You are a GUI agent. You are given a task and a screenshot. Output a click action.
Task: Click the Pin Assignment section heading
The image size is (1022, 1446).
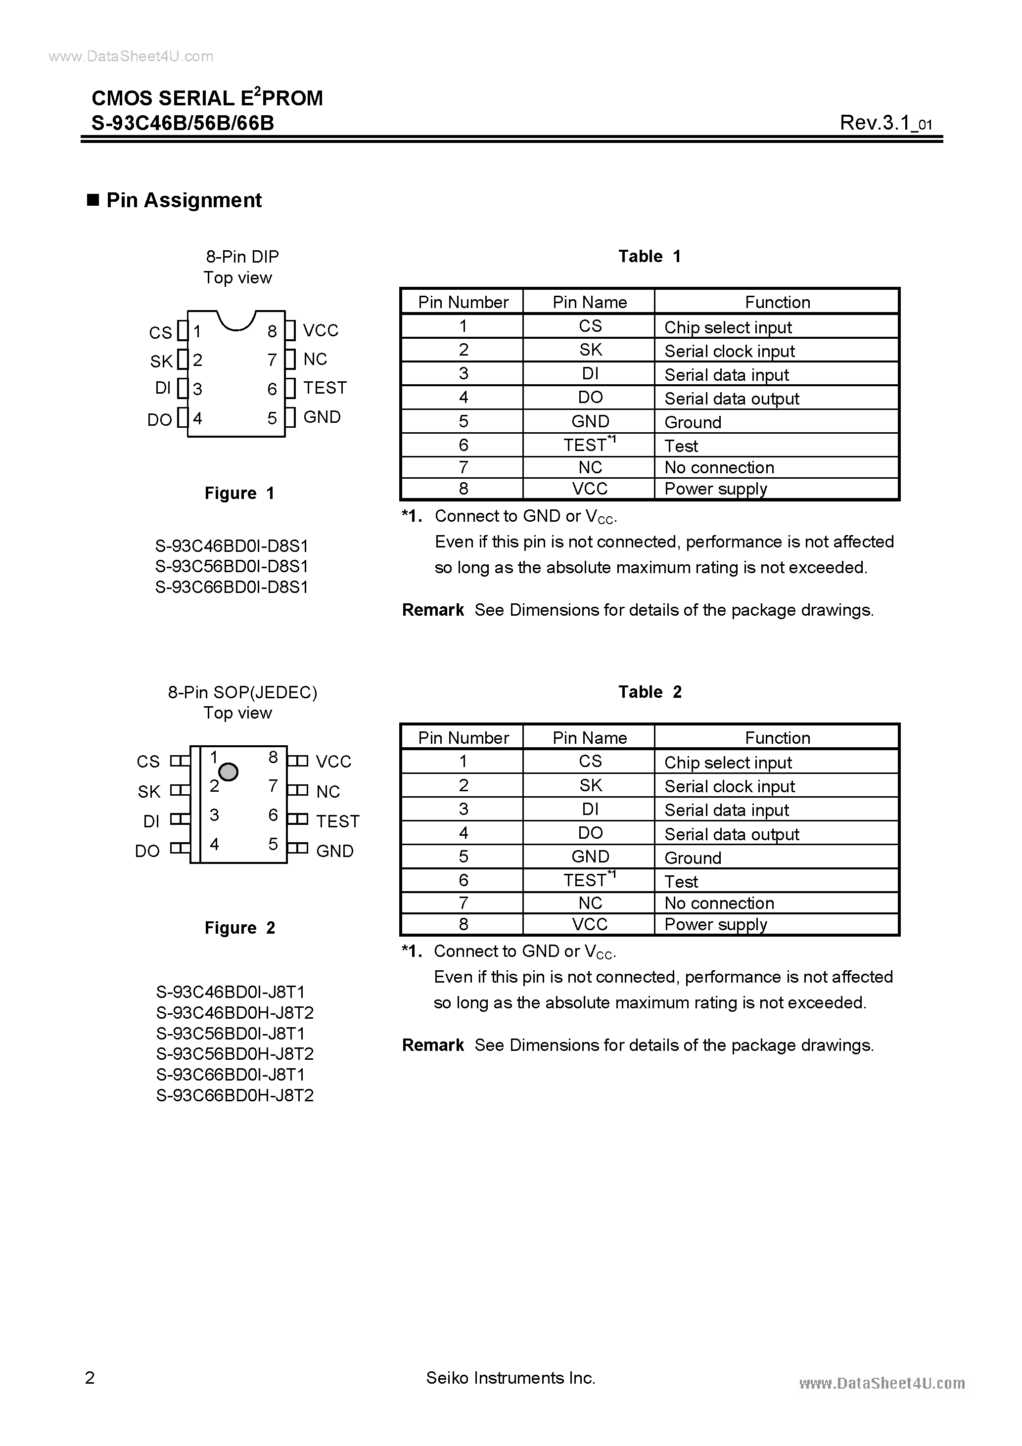click(x=184, y=200)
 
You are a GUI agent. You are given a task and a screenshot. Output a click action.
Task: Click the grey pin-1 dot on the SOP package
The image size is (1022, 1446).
click(x=228, y=771)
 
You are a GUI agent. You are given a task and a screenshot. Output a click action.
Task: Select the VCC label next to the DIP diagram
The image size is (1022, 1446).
click(x=320, y=331)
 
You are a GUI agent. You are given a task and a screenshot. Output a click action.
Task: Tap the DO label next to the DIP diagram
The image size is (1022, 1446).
click(x=159, y=419)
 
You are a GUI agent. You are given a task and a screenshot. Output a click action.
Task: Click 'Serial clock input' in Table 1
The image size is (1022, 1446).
click(x=729, y=351)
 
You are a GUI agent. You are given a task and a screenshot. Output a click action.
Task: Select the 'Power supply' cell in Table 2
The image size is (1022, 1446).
click(x=715, y=925)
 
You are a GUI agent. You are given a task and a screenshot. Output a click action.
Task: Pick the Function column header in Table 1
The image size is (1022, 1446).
click(x=777, y=302)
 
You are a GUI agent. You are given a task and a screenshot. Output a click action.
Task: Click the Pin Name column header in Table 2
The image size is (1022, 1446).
click(x=589, y=737)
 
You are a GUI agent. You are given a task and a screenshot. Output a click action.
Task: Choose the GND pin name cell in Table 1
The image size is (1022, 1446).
click(x=590, y=421)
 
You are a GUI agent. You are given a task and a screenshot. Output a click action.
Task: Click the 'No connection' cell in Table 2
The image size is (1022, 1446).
click(x=719, y=903)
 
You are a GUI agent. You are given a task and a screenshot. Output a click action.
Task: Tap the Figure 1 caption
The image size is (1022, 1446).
click(x=239, y=493)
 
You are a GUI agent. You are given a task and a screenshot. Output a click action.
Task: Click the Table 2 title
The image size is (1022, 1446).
click(x=650, y=692)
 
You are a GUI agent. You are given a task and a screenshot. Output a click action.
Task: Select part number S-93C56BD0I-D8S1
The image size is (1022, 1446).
click(x=231, y=566)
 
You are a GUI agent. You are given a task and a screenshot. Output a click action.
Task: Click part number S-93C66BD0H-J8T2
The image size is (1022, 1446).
click(x=234, y=1095)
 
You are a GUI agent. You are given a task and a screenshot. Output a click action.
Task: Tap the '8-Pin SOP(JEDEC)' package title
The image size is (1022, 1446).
click(x=242, y=693)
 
